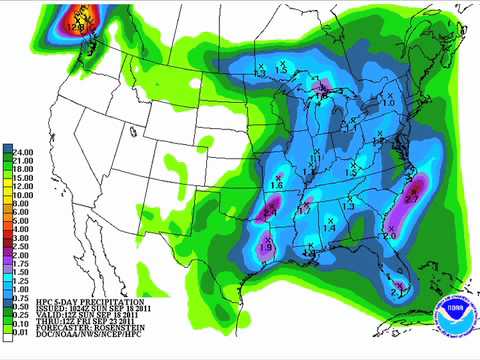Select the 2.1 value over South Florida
[x=400, y=295]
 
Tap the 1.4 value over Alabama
[x=329, y=228]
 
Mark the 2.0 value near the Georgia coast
[x=389, y=234]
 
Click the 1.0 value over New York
[x=391, y=101]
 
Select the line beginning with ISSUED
[x=96, y=307]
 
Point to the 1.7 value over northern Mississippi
[x=303, y=209]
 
